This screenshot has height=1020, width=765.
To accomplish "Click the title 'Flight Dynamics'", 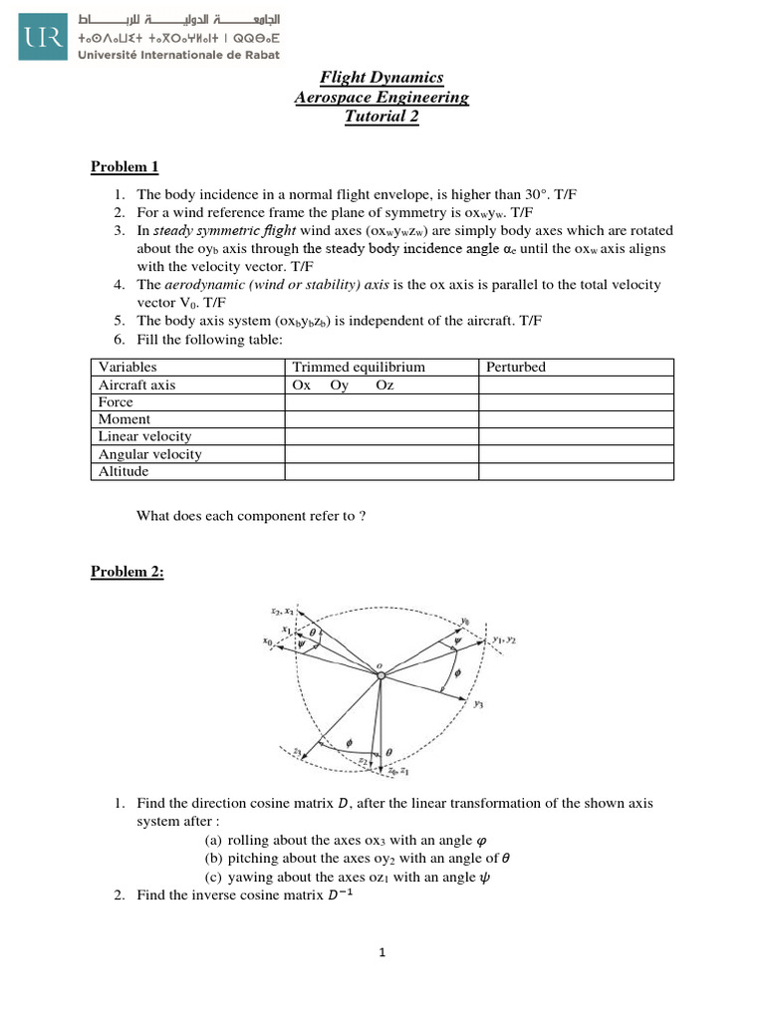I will [x=382, y=78].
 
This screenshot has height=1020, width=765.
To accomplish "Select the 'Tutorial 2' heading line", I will [x=382, y=117].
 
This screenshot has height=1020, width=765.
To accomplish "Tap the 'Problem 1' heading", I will [x=125, y=166].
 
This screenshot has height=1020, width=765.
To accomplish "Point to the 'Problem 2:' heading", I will [x=127, y=571].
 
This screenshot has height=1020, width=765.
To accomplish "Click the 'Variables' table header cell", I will [x=128, y=367].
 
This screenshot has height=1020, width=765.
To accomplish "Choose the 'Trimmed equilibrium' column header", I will [x=359, y=367].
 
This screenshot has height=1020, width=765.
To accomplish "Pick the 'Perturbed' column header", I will [x=516, y=367].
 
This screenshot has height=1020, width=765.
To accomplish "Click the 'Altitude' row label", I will [x=124, y=471].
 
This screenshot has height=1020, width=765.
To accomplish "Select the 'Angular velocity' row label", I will [x=150, y=454].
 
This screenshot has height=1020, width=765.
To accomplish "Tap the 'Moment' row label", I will [x=125, y=419].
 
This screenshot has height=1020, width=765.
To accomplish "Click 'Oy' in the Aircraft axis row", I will [x=340, y=384].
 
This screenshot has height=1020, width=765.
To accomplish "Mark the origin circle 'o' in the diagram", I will [x=380, y=676].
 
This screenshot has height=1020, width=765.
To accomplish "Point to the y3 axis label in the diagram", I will [x=479, y=704].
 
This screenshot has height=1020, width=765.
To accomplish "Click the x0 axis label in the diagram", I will [x=268, y=643].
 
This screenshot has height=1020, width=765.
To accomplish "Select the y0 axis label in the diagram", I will [x=465, y=620].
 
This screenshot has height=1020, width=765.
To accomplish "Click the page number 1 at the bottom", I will [x=382, y=952].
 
